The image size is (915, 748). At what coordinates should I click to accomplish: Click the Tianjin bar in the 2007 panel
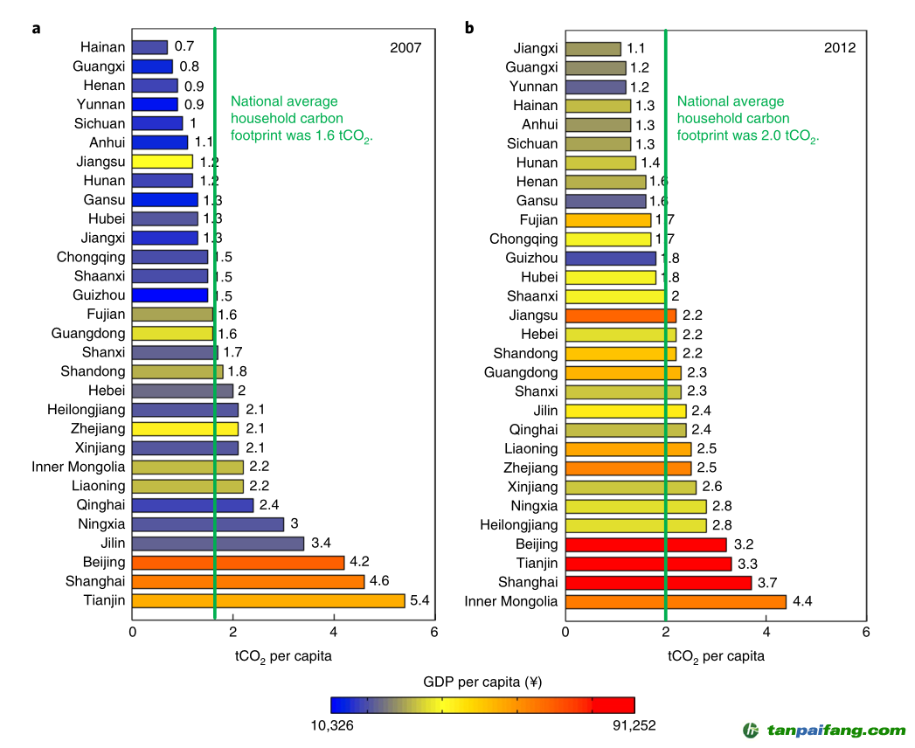pos(268,600)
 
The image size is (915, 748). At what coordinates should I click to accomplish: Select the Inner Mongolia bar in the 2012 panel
pos(676,601)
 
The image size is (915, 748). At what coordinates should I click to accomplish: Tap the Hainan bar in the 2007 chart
pos(150,47)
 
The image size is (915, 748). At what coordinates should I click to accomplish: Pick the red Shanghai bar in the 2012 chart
pos(658,582)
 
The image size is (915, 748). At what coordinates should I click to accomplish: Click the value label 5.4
pos(420,600)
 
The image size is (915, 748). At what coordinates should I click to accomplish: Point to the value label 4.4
pos(802,601)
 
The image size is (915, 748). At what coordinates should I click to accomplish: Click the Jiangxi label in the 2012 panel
pos(535,48)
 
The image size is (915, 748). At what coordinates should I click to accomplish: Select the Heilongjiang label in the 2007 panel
pos(87,410)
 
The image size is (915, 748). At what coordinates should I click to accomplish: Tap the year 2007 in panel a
pos(406,48)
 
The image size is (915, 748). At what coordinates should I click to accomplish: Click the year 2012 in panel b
pos(839,48)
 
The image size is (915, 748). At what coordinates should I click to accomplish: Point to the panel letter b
pos(469,28)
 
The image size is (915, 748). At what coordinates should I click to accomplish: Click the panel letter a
pos(37,28)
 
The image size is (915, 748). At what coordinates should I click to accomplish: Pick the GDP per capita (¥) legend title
pos(482,682)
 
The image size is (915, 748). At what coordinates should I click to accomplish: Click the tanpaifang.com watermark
pos(825,731)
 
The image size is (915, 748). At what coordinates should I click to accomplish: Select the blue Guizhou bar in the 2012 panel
pos(610,258)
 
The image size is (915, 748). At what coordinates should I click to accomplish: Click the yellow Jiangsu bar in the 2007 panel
pos(163,162)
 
